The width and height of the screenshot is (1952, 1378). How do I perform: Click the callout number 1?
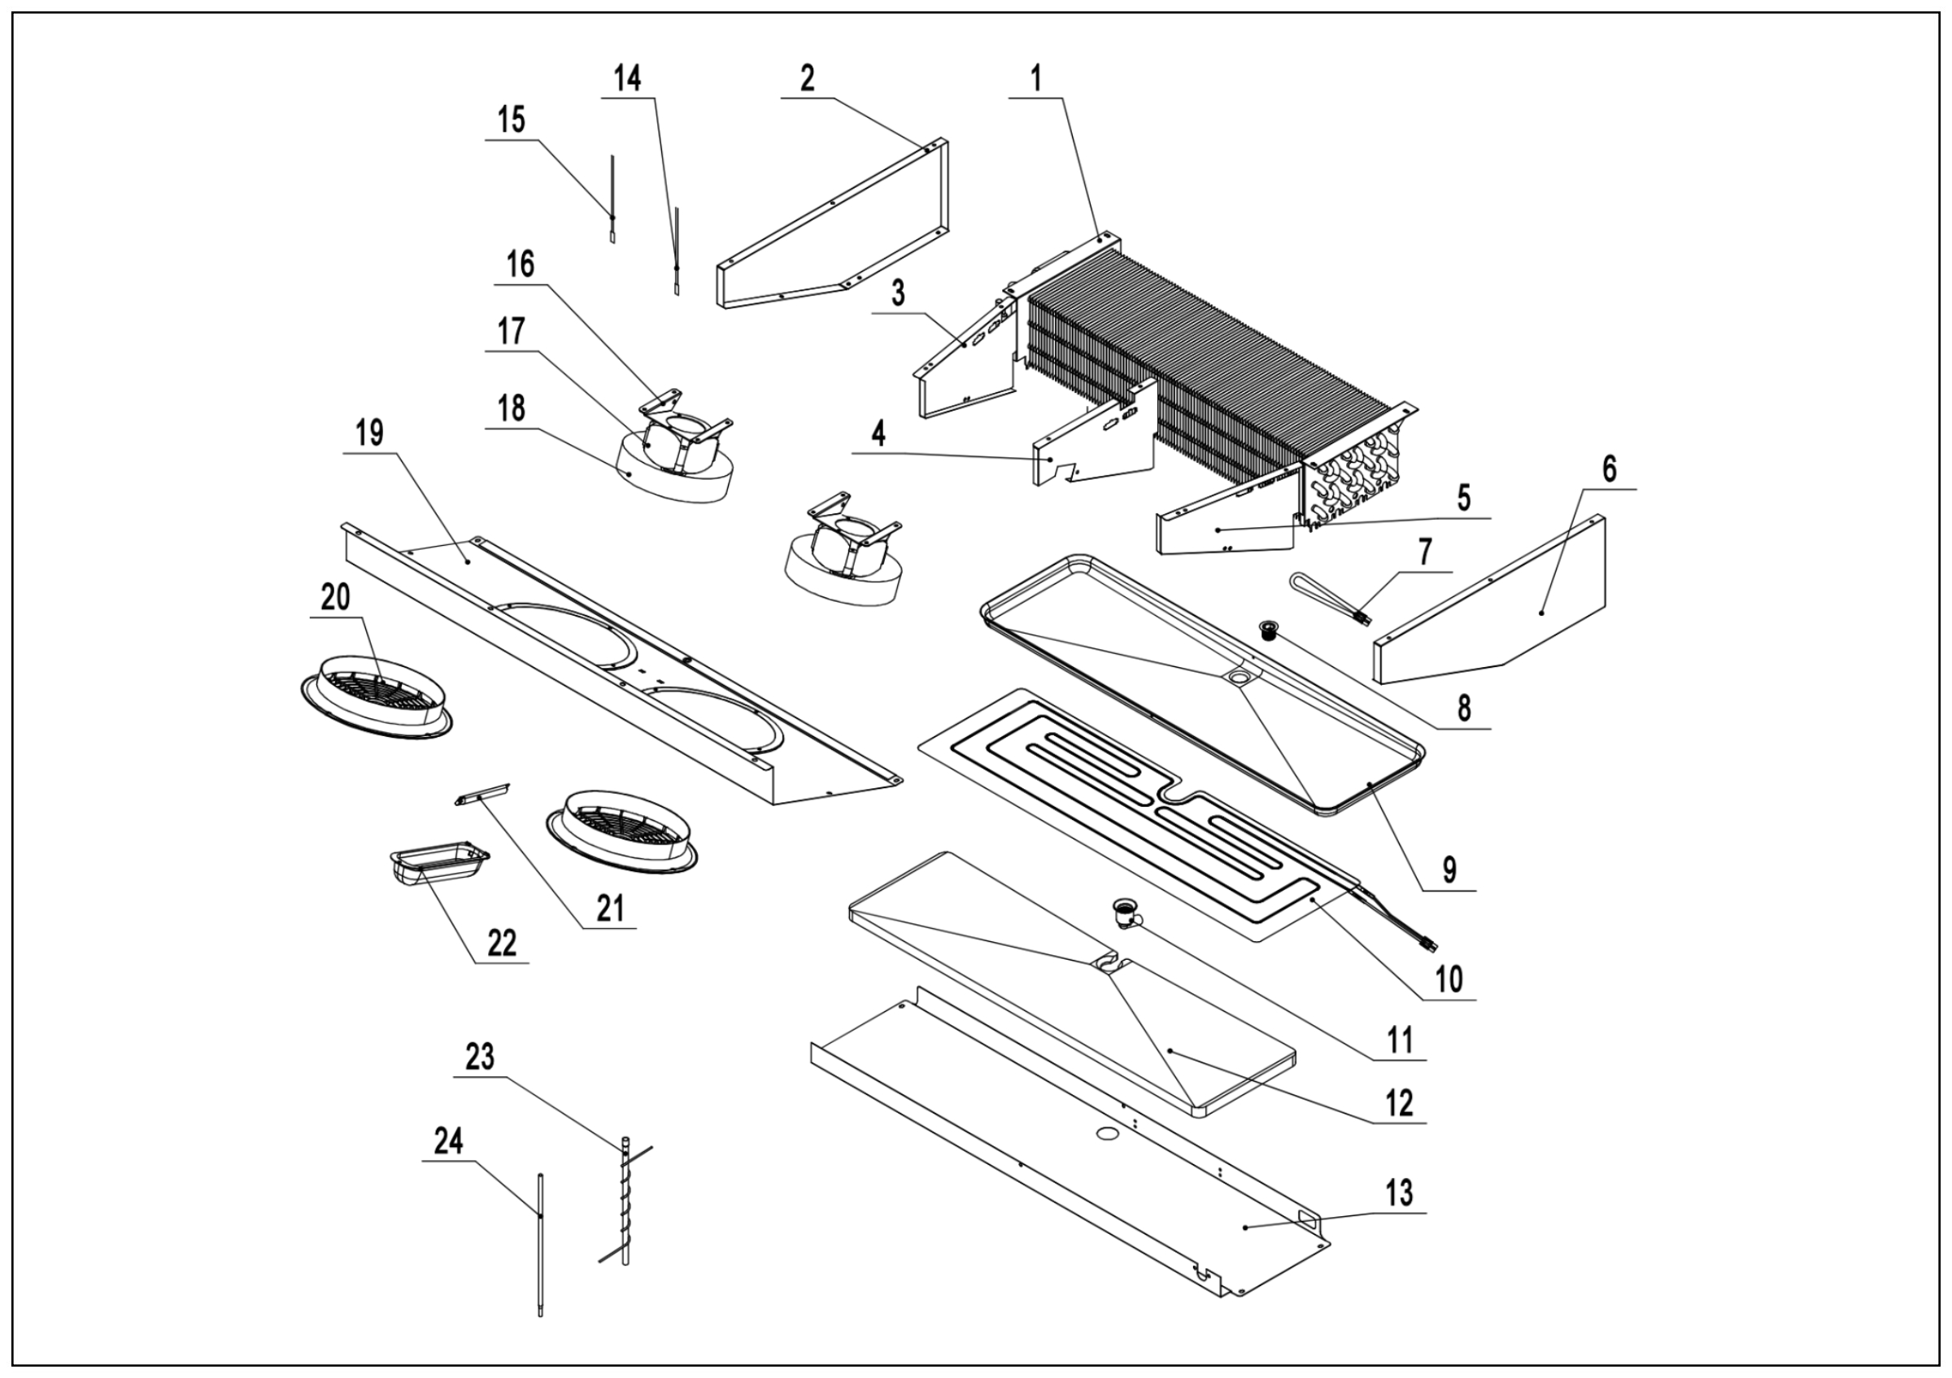click(1035, 79)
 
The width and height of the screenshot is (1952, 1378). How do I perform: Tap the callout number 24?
click(448, 1140)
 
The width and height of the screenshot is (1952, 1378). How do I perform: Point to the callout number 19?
click(369, 434)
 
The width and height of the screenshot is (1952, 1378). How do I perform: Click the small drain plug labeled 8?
click(1269, 630)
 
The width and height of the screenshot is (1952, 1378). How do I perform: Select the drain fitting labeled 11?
click(1125, 914)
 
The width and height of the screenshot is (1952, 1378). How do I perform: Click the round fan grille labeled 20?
click(376, 700)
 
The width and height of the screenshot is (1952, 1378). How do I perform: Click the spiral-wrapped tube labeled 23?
click(625, 1207)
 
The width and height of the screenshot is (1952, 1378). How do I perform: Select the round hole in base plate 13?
click(1107, 1133)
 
